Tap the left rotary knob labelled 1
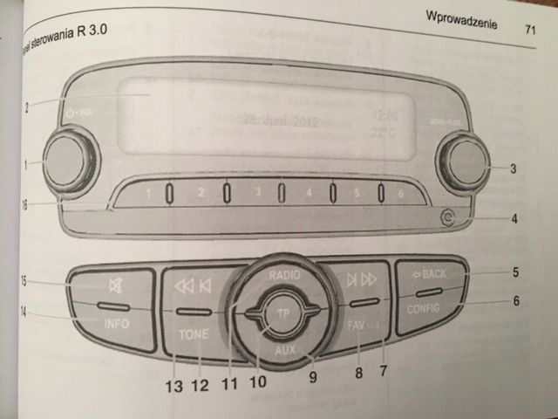coord(67,161)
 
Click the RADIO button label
coord(284,274)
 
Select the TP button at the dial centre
coord(281,313)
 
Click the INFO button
coord(115,323)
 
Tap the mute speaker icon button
coord(114,284)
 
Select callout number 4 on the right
coord(514,218)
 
